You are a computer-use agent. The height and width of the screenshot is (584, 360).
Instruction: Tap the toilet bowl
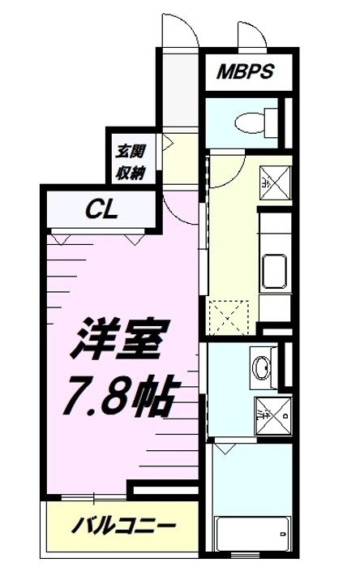click(246, 122)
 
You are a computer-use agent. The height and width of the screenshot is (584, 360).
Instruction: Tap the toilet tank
click(271, 122)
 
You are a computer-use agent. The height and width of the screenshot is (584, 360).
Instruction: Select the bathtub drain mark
click(281, 534)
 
